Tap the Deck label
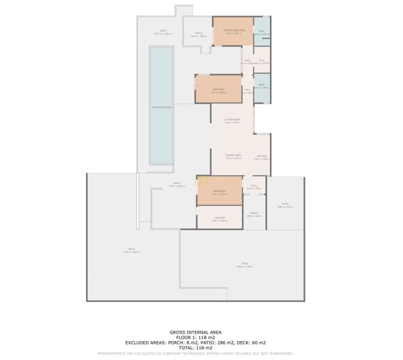click(163, 30)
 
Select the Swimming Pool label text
click(160, 108)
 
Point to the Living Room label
click(233, 119)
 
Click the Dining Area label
click(233, 155)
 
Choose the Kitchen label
click(262, 156)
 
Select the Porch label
click(254, 215)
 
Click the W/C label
click(260, 60)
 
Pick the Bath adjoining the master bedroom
click(262, 31)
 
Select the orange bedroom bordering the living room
click(218, 89)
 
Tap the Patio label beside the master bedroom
click(199, 33)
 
